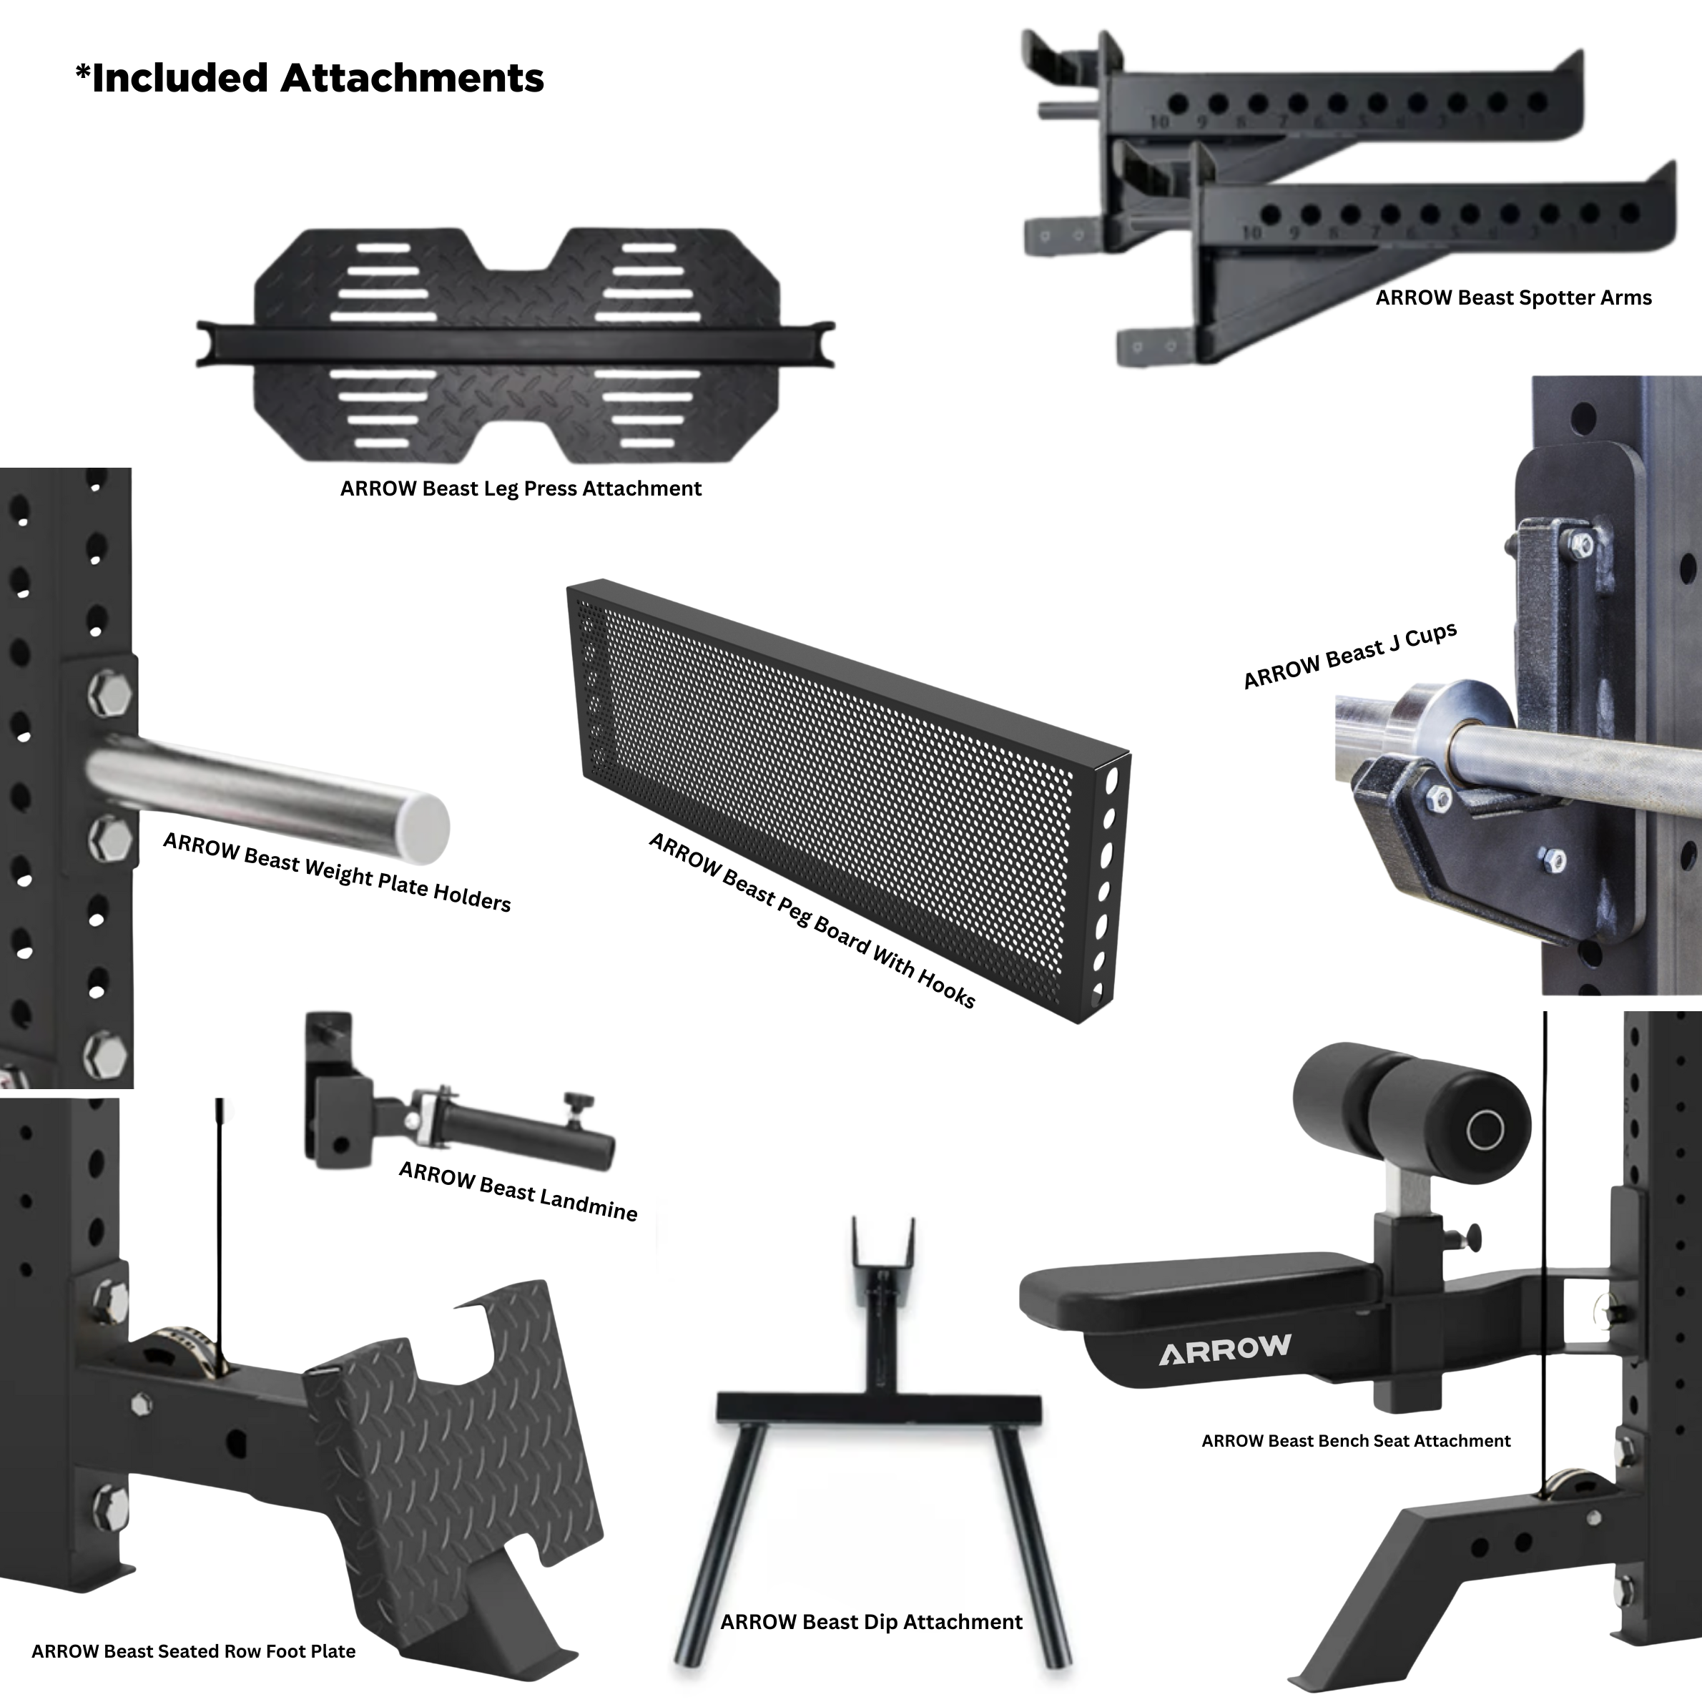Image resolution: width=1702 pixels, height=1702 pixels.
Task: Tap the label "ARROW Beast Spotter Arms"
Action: (x=1512, y=297)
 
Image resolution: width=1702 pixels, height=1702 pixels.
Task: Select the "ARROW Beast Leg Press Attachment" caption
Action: (x=521, y=489)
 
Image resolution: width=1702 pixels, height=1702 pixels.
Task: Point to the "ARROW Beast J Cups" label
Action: (x=1349, y=656)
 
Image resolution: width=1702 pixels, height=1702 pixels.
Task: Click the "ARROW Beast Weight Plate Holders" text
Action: (x=337, y=871)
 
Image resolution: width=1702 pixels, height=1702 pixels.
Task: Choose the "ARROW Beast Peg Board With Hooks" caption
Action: (x=812, y=920)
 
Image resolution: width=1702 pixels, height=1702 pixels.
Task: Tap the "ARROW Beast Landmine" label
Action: (x=518, y=1190)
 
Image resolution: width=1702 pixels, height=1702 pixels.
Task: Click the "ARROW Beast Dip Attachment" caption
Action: (x=871, y=1622)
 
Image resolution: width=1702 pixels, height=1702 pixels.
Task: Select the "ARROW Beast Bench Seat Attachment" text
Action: (x=1355, y=1441)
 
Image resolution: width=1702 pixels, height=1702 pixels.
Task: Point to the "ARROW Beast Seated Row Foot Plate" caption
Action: (x=193, y=1651)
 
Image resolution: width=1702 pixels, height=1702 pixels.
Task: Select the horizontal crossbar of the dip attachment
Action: (x=878, y=1409)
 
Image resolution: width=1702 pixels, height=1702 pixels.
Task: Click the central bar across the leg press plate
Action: (x=516, y=343)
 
